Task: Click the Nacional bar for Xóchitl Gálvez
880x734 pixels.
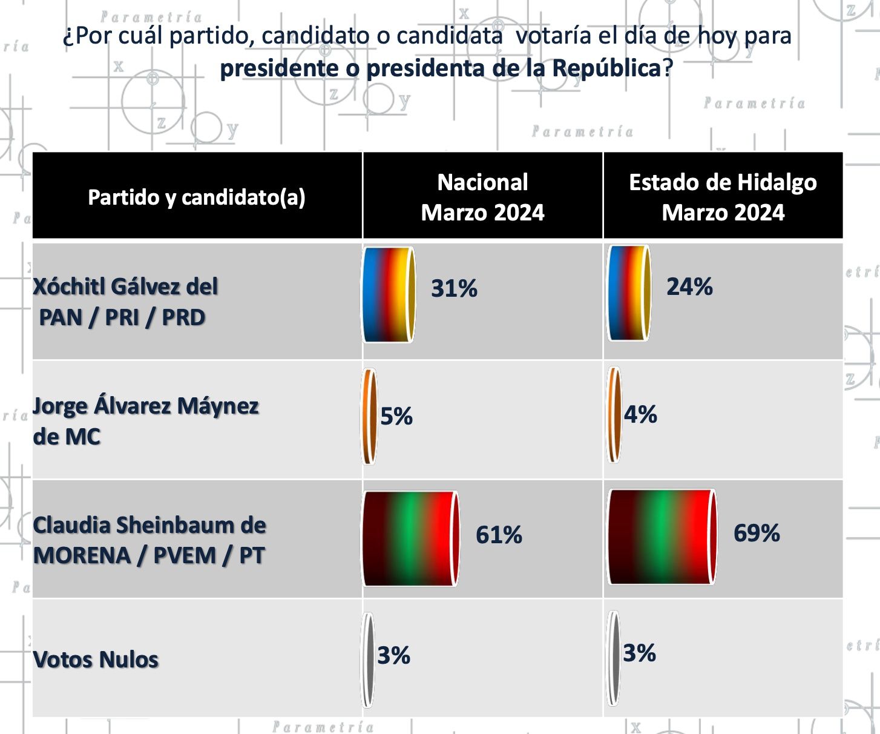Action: click(389, 295)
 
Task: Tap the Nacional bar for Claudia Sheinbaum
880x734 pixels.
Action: click(410, 538)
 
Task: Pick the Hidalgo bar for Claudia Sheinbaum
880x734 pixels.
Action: click(662, 537)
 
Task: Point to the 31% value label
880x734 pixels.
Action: click(454, 288)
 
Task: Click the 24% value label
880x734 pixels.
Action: click(689, 286)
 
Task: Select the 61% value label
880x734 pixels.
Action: click(499, 535)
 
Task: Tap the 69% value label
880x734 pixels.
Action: click(757, 533)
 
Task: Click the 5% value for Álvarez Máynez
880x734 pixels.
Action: click(396, 416)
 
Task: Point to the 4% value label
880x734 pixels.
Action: click(640, 415)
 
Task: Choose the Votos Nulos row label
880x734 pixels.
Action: click(96, 660)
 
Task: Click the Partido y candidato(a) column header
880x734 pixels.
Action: click(197, 197)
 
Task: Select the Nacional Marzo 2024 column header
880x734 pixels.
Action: click(482, 197)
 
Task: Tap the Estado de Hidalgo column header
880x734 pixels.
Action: click(723, 197)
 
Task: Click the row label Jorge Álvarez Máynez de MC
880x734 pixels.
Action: click(145, 421)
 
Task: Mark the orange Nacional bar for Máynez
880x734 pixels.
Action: click(369, 417)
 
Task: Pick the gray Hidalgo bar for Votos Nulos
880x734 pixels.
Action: click(614, 658)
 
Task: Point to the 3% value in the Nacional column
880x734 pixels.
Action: click(393, 655)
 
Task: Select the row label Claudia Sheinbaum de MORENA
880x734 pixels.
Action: click(149, 540)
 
